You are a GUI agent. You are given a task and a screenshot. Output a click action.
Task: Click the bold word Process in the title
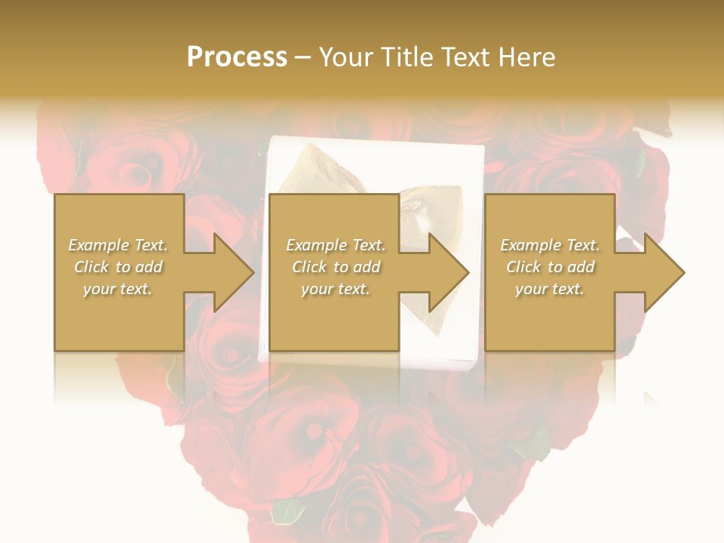[237, 57]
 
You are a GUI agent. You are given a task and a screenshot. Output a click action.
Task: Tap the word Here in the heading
[525, 57]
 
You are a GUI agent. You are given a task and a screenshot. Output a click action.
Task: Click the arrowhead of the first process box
[235, 272]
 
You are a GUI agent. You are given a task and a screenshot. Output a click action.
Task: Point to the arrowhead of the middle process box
[449, 272]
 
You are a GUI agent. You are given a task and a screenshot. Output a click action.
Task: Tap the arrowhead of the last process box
[665, 272]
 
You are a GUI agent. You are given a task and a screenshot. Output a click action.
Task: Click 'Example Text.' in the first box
[118, 245]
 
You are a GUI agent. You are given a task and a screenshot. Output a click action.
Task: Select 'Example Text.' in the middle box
[335, 245]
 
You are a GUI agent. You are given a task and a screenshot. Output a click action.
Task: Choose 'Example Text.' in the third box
[550, 245]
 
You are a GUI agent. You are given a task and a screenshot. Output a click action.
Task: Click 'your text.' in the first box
[118, 289]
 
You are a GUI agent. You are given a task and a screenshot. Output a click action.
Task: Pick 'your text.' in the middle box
[335, 289]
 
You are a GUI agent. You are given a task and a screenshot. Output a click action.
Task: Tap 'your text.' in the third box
[550, 289]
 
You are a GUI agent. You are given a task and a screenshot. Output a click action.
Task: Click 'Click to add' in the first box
[118, 267]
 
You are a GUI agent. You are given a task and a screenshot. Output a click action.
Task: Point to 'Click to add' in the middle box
[335, 267]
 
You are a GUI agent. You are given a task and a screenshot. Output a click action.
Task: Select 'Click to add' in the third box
[550, 267]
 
